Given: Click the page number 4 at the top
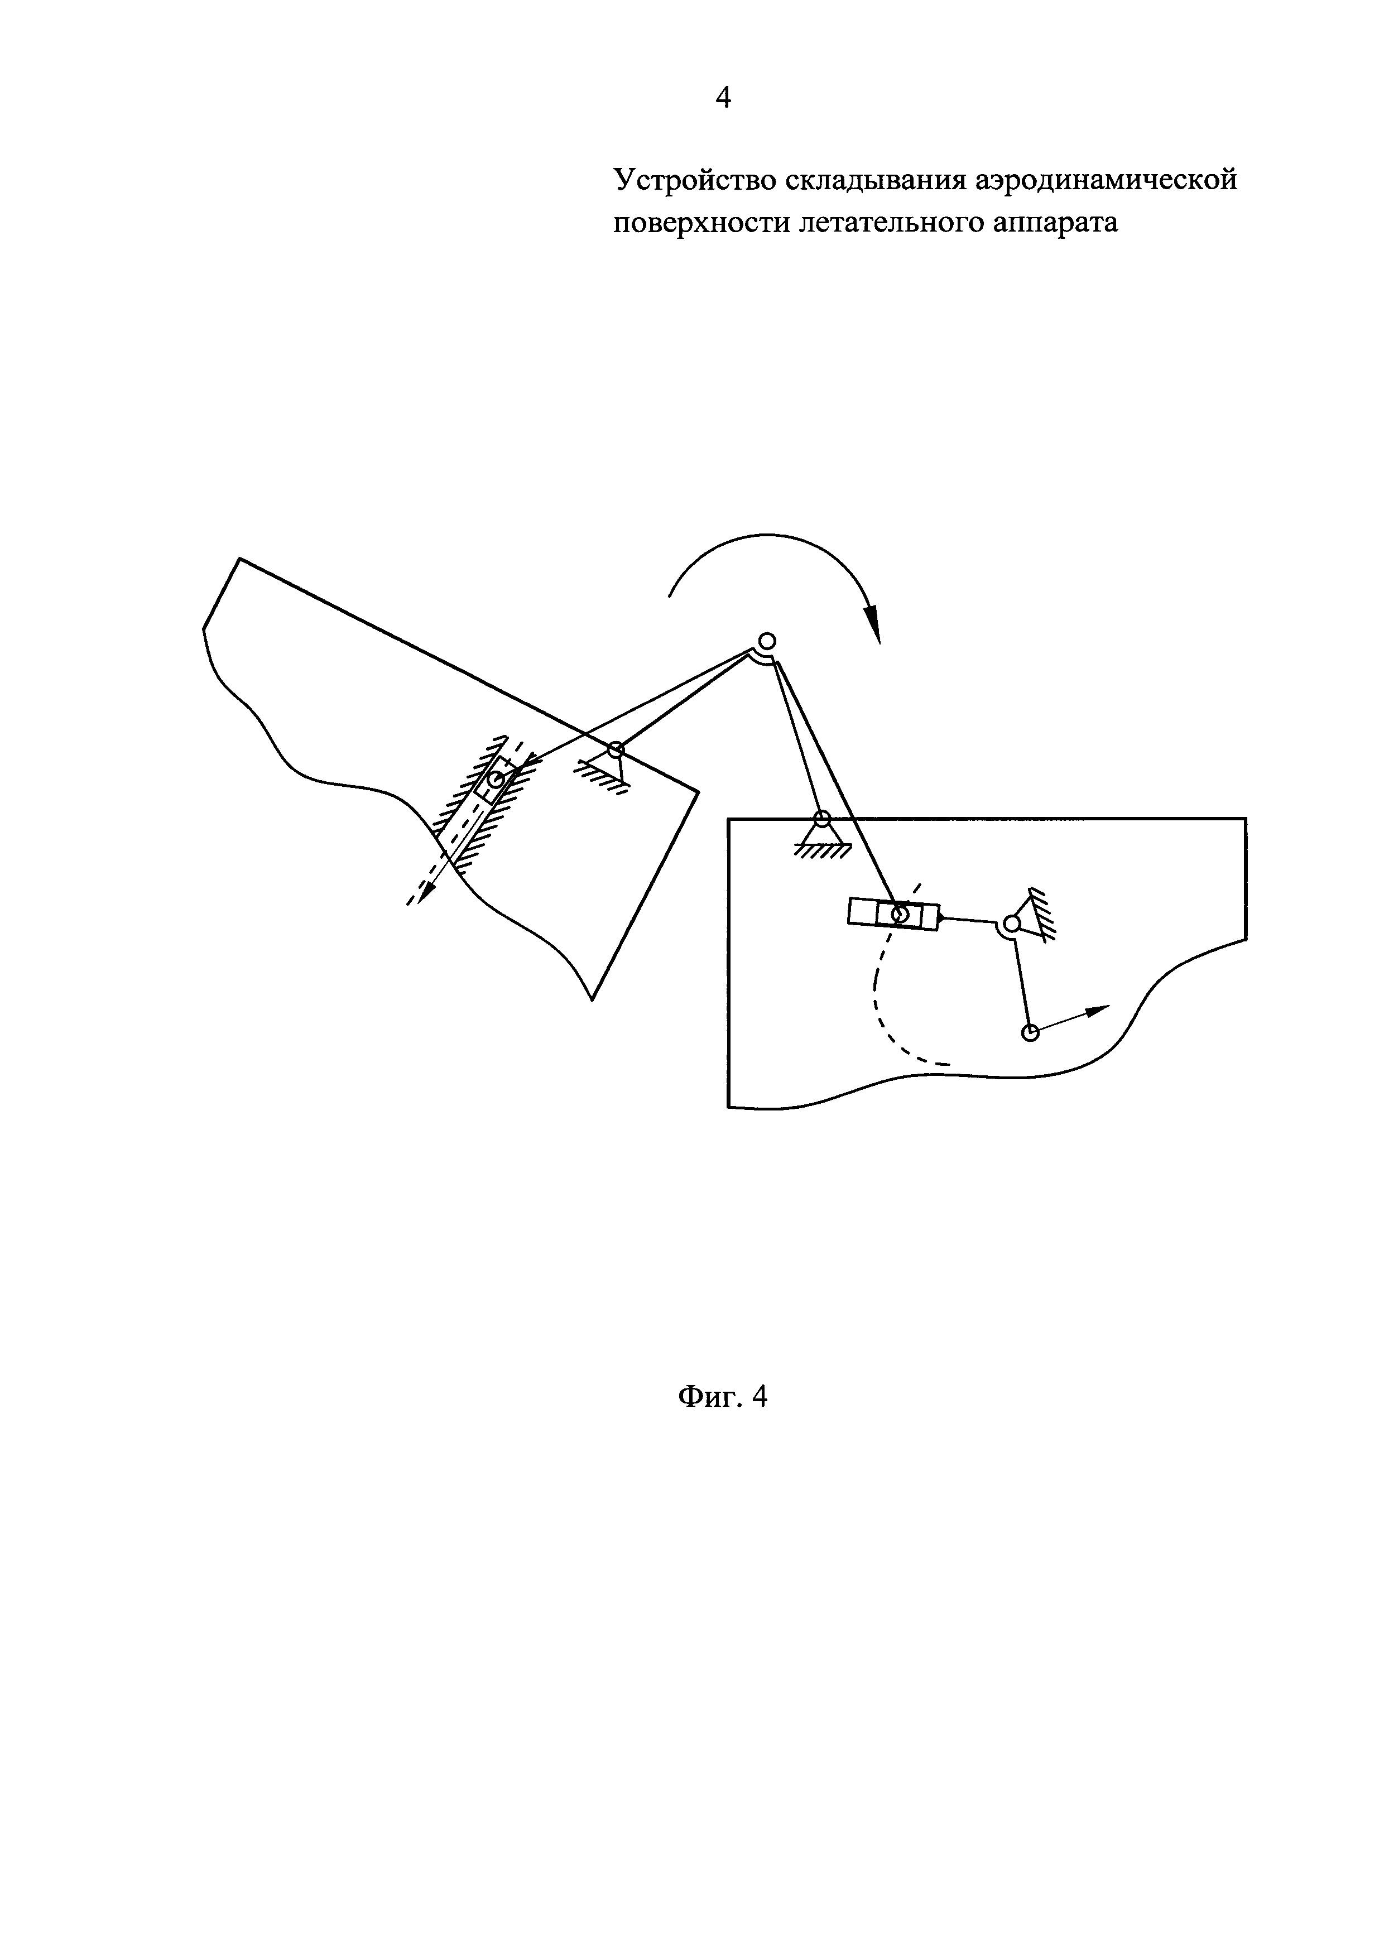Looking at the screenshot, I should click(723, 98).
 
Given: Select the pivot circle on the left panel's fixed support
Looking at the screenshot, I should click(616, 750).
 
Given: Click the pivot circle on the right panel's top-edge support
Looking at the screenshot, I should click(821, 819).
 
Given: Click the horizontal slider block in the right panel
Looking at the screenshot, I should click(893, 915).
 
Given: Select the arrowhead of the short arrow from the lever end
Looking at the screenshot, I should click(1099, 1010).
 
